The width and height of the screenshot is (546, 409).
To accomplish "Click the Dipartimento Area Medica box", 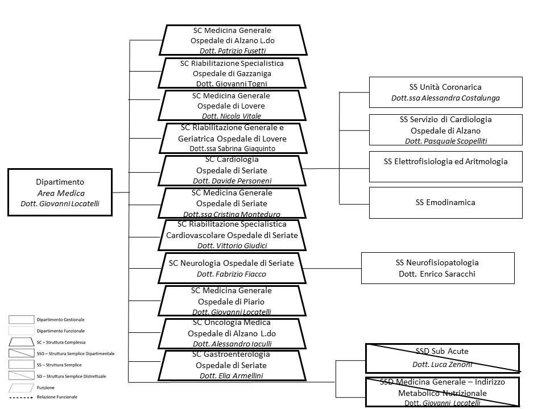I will (60, 192).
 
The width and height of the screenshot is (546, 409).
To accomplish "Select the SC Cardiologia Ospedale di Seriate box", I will (231, 169).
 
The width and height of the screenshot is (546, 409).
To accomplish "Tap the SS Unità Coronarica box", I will (445, 92).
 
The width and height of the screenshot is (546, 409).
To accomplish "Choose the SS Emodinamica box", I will (445, 202).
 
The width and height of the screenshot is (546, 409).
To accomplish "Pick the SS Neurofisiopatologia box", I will (437, 268).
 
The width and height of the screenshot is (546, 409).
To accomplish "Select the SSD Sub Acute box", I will (442, 357).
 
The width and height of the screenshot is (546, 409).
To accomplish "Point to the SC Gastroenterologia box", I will (231, 365).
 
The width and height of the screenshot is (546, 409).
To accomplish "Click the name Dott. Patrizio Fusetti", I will (233, 51).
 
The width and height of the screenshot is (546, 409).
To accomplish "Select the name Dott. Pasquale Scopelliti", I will (446, 141).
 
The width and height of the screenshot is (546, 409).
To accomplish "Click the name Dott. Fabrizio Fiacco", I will (231, 274).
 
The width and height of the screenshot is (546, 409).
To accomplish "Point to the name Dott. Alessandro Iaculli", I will (231, 344).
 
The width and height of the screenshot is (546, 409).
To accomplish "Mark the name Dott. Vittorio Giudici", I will (231, 245).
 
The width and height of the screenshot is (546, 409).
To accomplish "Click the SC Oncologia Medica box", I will (231, 333).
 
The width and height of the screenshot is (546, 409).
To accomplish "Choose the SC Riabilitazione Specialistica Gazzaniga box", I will (231, 73).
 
